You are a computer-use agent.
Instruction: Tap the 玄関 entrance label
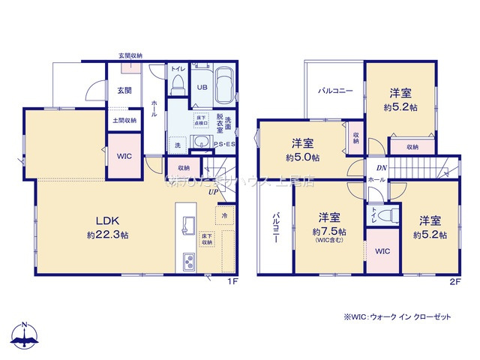pos(124,91)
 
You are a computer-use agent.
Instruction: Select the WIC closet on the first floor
pos(124,156)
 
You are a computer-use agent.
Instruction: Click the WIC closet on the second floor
pos(382,250)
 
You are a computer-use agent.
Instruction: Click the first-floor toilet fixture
pos(178,86)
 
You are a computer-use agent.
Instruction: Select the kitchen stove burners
pos(187,261)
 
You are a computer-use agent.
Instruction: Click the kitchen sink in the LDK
pos(187,225)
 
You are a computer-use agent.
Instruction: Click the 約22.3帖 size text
pos(107,235)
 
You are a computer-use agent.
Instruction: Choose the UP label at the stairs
pos(214,190)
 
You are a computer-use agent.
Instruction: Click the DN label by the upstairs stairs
pos(382,169)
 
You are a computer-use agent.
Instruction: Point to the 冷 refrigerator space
pos(224,216)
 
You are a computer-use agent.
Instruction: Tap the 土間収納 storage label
pos(124,120)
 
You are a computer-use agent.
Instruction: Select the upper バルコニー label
pos(334,91)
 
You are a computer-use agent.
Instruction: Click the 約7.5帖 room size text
pos(330,231)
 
